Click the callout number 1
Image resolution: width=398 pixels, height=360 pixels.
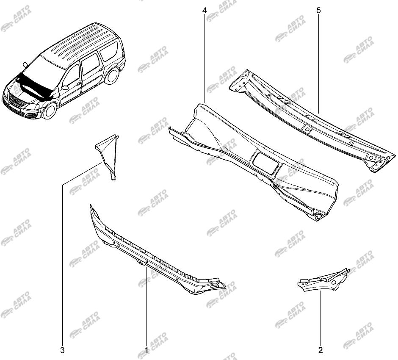coord(146,350)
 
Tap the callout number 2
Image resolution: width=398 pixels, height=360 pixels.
coord(321,350)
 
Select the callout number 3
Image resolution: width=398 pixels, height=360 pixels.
coord(62,350)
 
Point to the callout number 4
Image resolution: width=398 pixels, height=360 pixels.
coord(205,11)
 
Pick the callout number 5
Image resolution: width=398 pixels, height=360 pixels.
coord(318,11)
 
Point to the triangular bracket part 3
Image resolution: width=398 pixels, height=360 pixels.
coord(108,155)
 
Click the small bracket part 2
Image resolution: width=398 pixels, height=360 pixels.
coord(323,280)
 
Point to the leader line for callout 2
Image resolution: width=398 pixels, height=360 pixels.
coord(321,319)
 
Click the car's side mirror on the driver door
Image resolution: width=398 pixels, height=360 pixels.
coord(65,87)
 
